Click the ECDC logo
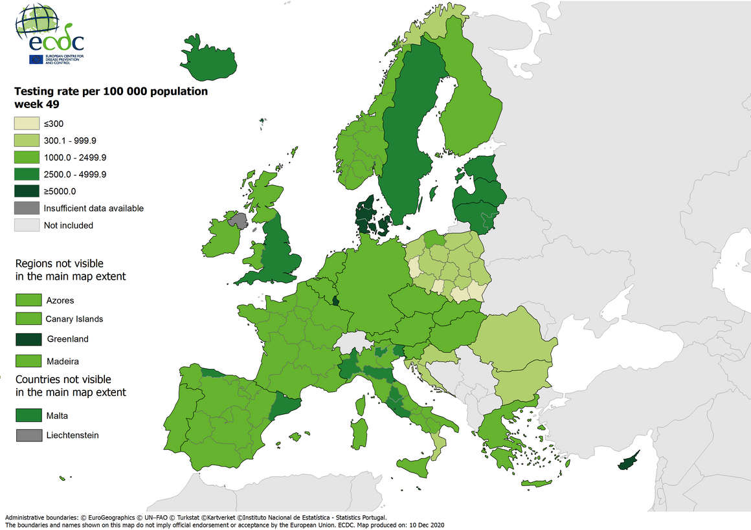tap(50, 36)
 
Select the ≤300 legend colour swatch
tap(27, 124)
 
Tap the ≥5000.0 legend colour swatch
tap(27, 191)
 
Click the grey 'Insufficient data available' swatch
tap(27, 208)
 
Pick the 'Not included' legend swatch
tap(27, 225)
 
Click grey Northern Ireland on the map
tap(238, 221)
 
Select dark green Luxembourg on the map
tap(335, 300)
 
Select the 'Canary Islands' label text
tap(74, 319)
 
